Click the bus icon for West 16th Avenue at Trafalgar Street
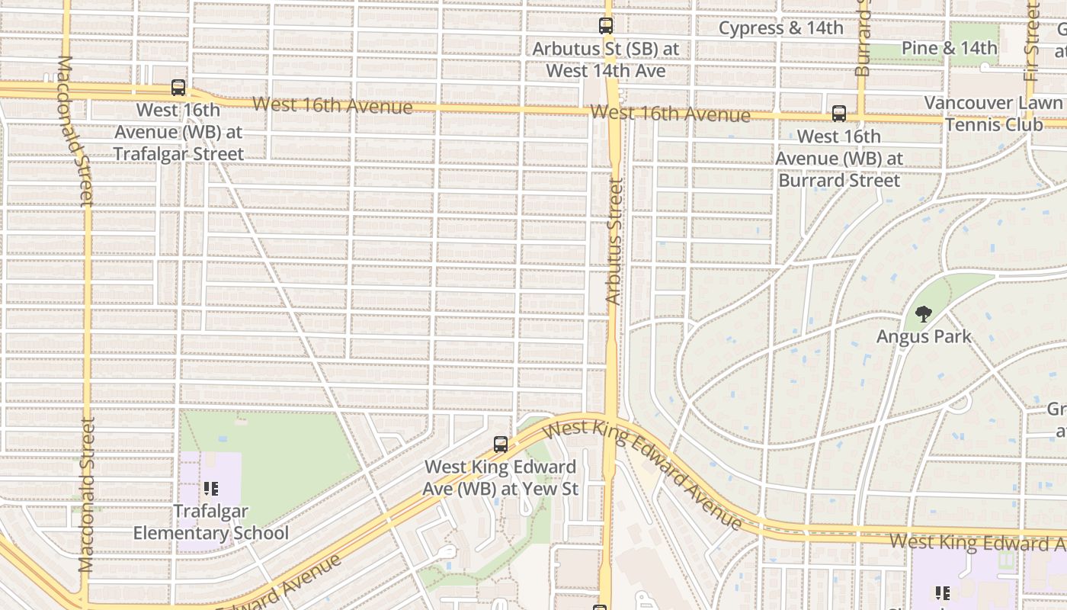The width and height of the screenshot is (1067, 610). [x=178, y=88]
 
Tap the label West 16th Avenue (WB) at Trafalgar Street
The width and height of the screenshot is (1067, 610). [x=178, y=132]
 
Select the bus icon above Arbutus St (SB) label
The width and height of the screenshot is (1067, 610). [x=606, y=26]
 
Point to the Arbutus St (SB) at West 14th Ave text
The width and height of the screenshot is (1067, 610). [x=606, y=60]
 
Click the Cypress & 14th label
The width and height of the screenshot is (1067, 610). [x=781, y=28]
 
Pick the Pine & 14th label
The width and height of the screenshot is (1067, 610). [x=949, y=48]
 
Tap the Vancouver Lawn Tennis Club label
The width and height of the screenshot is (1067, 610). [x=993, y=114]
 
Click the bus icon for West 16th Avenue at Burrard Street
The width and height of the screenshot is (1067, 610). [x=839, y=114]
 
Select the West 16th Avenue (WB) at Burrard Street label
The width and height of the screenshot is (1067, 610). [x=839, y=159]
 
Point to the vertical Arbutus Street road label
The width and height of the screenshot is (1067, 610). [x=614, y=242]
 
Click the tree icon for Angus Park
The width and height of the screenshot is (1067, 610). [x=924, y=313]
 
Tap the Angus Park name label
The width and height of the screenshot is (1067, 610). [x=924, y=336]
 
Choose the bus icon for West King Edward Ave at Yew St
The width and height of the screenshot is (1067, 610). [x=501, y=444]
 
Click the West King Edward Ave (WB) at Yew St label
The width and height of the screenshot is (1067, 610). [x=501, y=477]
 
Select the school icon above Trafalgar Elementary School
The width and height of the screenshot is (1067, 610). [x=211, y=488]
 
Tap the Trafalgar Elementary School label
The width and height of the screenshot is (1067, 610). [x=211, y=522]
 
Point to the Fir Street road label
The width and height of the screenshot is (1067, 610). [x=1033, y=30]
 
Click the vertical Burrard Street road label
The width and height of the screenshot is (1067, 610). [x=862, y=38]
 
